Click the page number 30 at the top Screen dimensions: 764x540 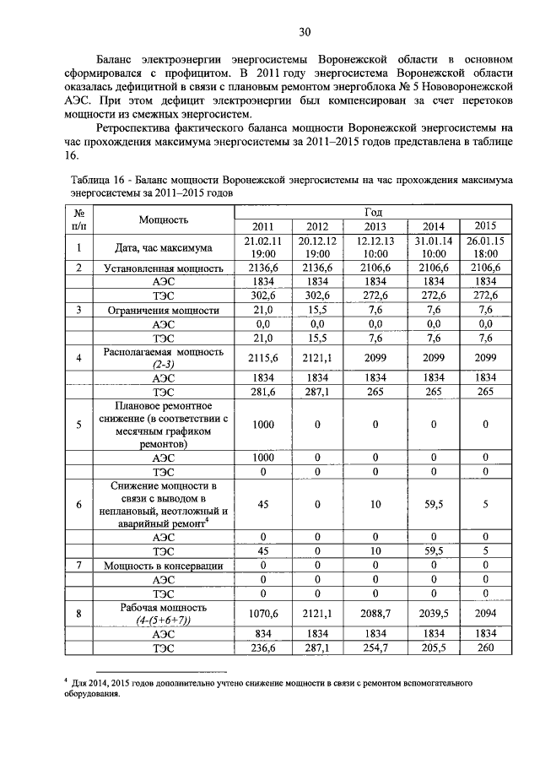tap(305, 31)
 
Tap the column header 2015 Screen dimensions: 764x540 tap(485, 225)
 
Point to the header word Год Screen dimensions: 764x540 tap(375, 210)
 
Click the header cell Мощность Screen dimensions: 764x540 tap(163, 219)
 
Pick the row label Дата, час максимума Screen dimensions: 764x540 tap(163, 247)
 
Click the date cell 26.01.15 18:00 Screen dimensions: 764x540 tap(485, 247)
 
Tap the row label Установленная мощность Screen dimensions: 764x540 tap(163, 268)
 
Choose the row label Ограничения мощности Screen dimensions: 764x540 tap(163, 310)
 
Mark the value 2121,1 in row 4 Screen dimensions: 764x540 tap(317, 358)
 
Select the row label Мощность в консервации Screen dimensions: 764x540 tap(163, 565)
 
